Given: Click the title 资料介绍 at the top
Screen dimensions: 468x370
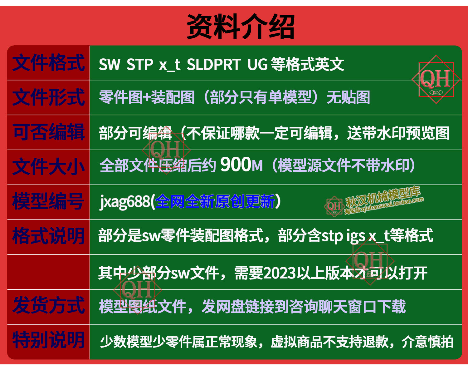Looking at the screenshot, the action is click(241, 27).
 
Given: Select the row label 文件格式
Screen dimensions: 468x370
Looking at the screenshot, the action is click(48, 63).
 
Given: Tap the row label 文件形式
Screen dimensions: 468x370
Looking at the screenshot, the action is click(48, 97).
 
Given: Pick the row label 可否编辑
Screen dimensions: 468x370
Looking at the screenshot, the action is click(48, 132).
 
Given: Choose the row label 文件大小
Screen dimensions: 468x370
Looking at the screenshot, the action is click(48, 167).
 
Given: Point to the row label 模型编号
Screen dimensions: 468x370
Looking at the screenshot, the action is click(48, 202).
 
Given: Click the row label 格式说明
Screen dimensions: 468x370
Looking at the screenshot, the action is click(48, 236).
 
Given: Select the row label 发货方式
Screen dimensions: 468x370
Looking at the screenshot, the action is click(48, 306).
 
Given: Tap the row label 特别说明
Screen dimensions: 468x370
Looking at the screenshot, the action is click(48, 341).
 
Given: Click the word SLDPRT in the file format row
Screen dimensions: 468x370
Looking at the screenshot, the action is click(213, 64).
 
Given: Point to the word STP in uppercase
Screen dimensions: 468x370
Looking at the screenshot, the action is click(139, 64).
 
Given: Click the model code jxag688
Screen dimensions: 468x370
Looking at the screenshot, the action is click(125, 202).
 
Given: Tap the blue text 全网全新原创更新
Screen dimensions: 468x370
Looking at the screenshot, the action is click(215, 201).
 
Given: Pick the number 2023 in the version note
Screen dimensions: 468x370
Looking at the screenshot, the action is click(280, 273).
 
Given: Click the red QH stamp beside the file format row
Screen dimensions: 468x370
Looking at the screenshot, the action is click(436, 79).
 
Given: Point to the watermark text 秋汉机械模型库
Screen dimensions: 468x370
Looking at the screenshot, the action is click(383, 197).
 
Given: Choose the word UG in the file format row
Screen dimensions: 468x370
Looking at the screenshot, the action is click(257, 64).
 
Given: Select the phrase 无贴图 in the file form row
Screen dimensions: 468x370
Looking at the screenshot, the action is click(348, 97).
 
